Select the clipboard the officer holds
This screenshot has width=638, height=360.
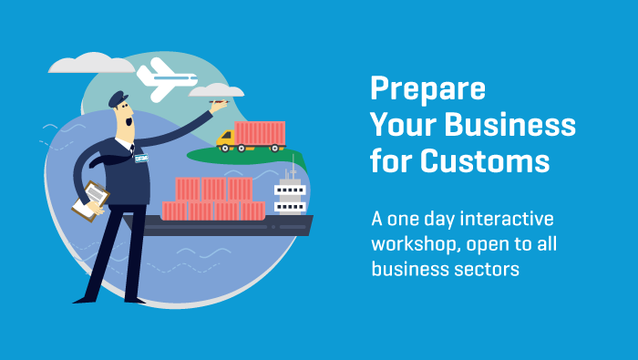(x=91, y=200)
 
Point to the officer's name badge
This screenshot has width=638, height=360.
(x=141, y=158)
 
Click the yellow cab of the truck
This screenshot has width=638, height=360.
(x=227, y=139)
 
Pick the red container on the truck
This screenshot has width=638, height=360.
(x=260, y=133)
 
